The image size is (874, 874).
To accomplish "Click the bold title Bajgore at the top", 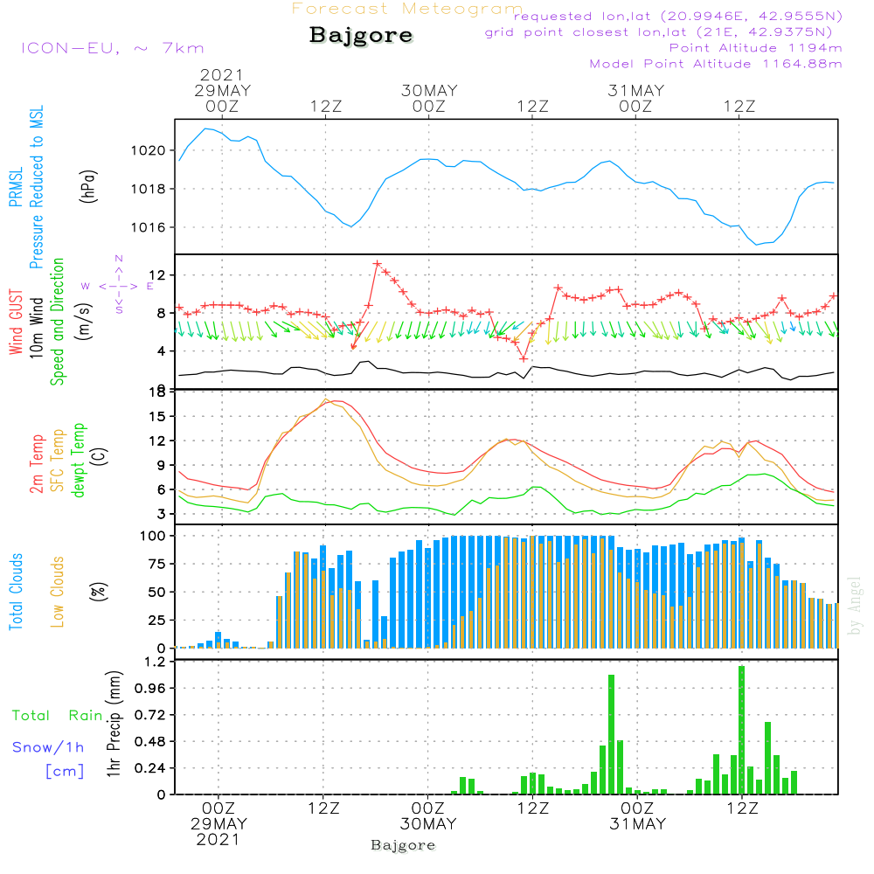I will [x=361, y=36].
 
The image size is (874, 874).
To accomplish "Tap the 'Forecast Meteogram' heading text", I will [x=407, y=10].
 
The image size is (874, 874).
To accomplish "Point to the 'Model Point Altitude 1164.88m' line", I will [x=716, y=64].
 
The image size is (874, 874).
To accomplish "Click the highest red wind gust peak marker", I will [x=378, y=263].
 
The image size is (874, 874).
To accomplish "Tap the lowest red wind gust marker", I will [x=523, y=358].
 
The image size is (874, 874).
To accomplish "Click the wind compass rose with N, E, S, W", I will [x=118, y=285].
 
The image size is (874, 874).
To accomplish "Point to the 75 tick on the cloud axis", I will [x=154, y=564].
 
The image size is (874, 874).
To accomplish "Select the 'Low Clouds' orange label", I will [x=58, y=592].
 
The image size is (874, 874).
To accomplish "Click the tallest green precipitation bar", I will [x=741, y=730].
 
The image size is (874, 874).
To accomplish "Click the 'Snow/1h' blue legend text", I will [x=48, y=747].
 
